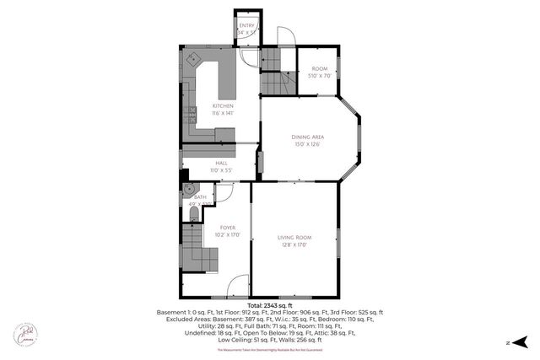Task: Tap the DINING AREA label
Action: tap(308, 137)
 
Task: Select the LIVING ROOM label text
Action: tap(295, 239)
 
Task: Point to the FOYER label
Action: tap(227, 228)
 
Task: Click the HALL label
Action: tap(221, 163)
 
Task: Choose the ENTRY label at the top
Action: tap(246, 25)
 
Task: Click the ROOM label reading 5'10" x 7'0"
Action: tap(319, 68)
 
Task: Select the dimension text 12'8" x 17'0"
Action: tap(295, 246)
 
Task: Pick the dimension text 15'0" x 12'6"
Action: tap(308, 144)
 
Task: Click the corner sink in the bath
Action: tap(190, 190)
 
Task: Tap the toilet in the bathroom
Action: tap(195, 218)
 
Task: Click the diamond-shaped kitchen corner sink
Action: tap(192, 60)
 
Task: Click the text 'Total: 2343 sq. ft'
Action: tap(270, 304)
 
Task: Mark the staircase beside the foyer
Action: tap(196, 248)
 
